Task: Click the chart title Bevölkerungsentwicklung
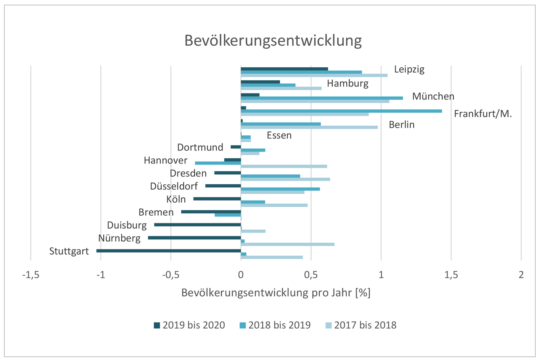[273, 41]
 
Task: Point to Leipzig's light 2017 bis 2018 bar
[314, 75]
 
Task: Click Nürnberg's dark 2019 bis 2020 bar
[194, 238]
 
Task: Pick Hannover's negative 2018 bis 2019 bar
[218, 163]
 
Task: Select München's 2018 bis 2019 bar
[322, 98]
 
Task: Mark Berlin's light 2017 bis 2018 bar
[309, 127]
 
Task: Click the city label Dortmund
[200, 147]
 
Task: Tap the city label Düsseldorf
[174, 186]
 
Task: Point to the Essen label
[279, 135]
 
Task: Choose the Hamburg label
[347, 84]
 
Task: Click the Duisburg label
[127, 225]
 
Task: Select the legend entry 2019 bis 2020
[189, 325]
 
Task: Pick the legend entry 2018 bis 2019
[275, 325]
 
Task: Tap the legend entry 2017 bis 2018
[361, 325]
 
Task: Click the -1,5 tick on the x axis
[31, 275]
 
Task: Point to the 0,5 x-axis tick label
[311, 275]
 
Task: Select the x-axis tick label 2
[521, 275]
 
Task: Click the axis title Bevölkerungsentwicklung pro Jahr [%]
[276, 293]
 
